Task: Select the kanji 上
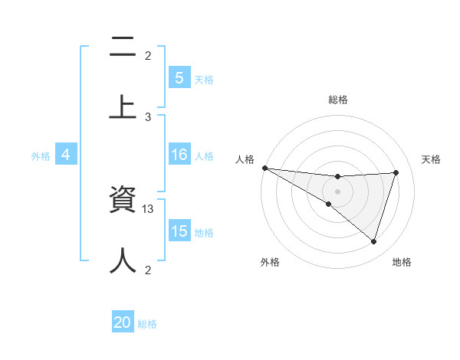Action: pos(123,107)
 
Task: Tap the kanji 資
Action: pos(123,200)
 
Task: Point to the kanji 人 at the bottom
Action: pos(123,260)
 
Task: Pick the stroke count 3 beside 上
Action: pos(148,116)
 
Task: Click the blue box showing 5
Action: pos(179,77)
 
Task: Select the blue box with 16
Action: pos(179,155)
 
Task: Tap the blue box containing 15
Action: pos(179,231)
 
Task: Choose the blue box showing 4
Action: pos(66,155)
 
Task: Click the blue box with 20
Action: pos(123,322)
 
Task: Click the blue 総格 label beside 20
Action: pos(147,324)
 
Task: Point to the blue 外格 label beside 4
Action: pos(41,155)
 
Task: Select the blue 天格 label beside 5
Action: pos(204,79)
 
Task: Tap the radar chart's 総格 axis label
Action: pos(338,100)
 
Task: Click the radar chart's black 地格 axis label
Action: pos(402,262)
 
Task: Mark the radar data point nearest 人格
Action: pos(264,167)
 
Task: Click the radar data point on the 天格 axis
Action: pos(396,172)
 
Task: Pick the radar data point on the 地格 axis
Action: pos(374,241)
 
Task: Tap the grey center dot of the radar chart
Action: pos(338,191)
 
